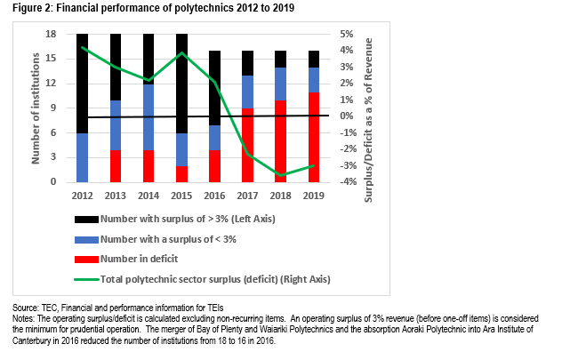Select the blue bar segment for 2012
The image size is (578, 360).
[x=84, y=157]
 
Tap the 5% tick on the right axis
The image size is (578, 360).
[x=348, y=34]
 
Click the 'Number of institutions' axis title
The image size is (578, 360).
[x=37, y=108]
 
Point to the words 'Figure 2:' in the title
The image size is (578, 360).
[x=31, y=9]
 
